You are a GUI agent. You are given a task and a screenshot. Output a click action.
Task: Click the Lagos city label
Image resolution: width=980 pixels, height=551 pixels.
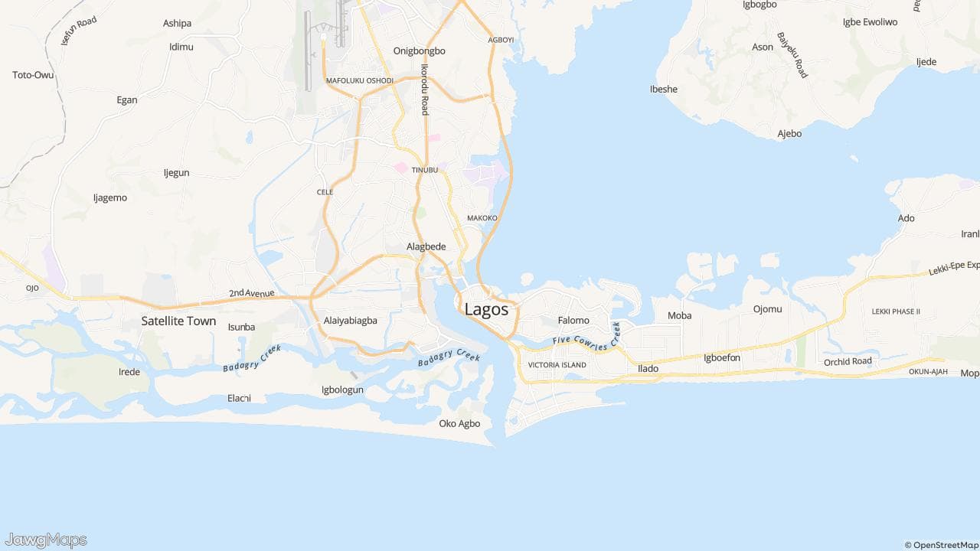[x=486, y=309]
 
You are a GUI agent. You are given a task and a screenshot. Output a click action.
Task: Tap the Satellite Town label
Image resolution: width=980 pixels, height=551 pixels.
[x=178, y=321]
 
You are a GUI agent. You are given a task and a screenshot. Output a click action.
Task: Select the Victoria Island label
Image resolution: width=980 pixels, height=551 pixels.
[x=557, y=365]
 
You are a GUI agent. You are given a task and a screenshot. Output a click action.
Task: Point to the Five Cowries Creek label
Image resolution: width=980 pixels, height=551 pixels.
[x=586, y=338]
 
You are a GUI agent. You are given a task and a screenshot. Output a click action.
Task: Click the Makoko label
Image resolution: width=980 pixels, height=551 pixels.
[x=482, y=218]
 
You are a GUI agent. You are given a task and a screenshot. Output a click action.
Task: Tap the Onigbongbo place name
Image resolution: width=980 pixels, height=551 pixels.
[x=419, y=51]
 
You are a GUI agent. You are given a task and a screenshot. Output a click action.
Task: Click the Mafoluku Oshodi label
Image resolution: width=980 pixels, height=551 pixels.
[x=359, y=80]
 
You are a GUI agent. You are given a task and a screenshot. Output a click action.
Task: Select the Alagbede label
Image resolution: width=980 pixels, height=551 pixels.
[x=426, y=246]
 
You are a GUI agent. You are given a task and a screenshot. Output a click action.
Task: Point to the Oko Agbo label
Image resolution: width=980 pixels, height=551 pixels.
[x=459, y=423]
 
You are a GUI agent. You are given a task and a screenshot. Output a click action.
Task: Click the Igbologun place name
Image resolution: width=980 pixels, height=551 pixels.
[x=342, y=390]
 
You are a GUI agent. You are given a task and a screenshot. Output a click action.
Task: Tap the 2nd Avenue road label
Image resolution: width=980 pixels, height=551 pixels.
[x=251, y=293]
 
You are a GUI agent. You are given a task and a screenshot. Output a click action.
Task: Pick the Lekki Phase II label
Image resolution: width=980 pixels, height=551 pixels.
[x=896, y=311]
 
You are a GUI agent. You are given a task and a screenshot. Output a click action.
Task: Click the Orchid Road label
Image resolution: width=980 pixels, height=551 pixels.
[x=848, y=361]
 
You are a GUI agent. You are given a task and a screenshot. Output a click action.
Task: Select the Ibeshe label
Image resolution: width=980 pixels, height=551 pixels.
[x=664, y=89]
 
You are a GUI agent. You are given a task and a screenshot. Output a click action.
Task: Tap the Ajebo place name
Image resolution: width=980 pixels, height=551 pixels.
[x=789, y=133]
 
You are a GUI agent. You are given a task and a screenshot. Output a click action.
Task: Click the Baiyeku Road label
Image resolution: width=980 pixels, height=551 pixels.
[x=792, y=55]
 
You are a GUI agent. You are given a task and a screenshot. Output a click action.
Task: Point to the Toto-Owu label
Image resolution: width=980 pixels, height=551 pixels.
[x=33, y=75]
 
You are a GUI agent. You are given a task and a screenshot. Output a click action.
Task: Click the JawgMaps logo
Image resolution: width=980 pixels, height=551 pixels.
[x=45, y=540]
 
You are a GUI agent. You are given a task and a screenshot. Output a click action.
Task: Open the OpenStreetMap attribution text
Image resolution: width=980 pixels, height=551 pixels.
[x=941, y=545]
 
